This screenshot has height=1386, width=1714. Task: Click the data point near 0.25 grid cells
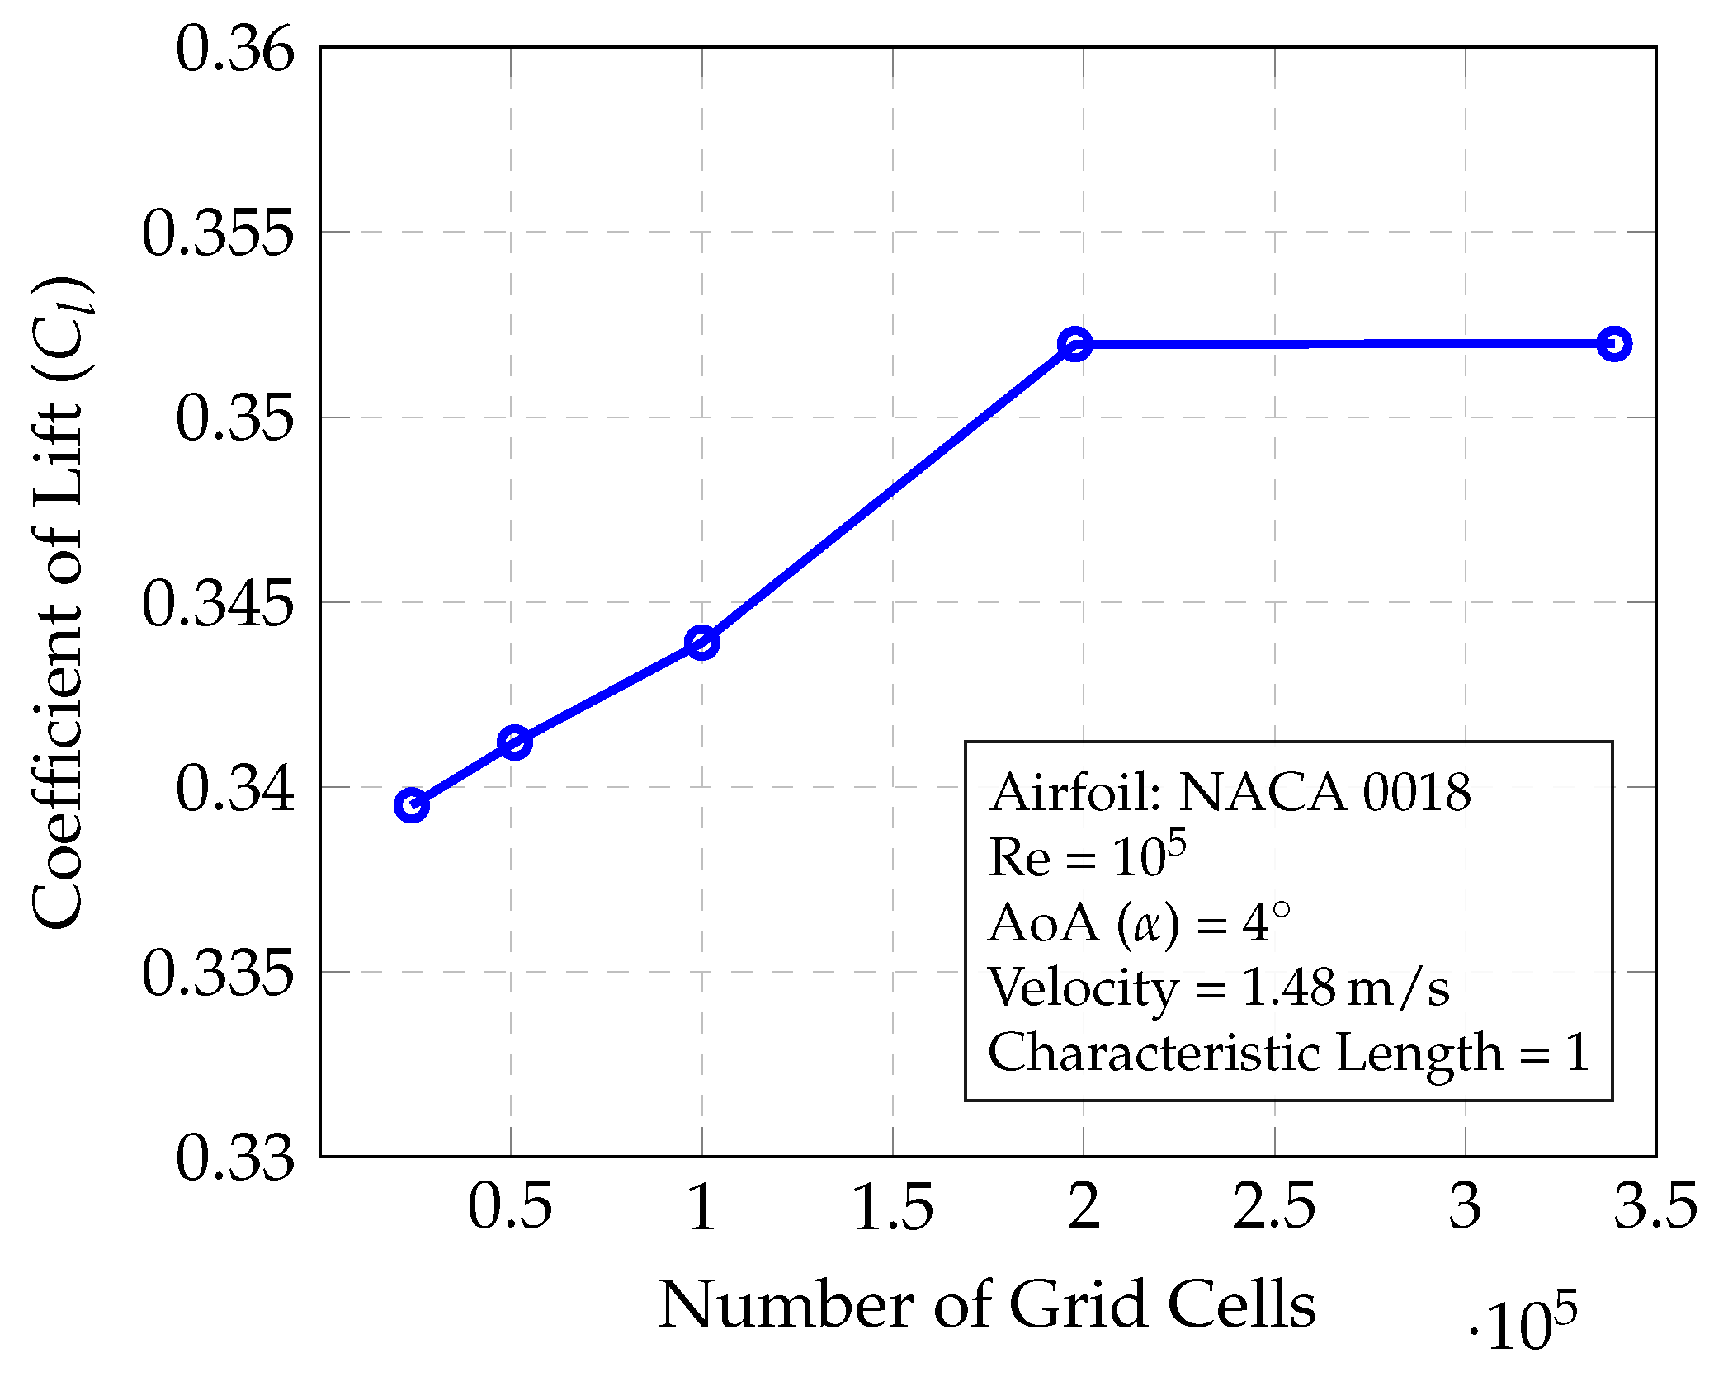pyautogui.click(x=411, y=805)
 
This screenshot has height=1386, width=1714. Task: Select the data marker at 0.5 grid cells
pyautogui.click(x=514, y=742)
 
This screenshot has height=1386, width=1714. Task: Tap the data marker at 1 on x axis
pyautogui.click(x=702, y=643)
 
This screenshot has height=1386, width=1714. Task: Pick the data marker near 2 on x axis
pyautogui.click(x=1074, y=343)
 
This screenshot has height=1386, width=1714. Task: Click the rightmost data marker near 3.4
pyautogui.click(x=1614, y=343)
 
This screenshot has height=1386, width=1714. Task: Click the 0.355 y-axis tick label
pyautogui.click(x=218, y=233)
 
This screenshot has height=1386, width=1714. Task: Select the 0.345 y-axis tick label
pyautogui.click(x=218, y=603)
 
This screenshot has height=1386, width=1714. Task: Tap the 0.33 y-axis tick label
pyautogui.click(x=234, y=1157)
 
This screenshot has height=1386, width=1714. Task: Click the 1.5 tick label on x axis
pyautogui.click(x=892, y=1206)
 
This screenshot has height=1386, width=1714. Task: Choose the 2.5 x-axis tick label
pyautogui.click(x=1274, y=1206)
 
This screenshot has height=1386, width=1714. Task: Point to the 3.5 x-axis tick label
pyautogui.click(x=1655, y=1206)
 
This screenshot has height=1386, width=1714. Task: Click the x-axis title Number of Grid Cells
pyautogui.click(x=986, y=1305)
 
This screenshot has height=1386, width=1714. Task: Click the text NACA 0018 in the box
pyautogui.click(x=1324, y=793)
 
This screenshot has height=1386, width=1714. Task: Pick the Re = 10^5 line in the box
pyautogui.click(x=1087, y=856)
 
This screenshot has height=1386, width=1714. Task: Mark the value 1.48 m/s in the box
pyautogui.click(x=1344, y=987)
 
